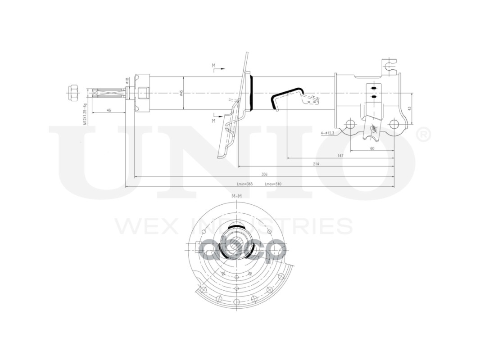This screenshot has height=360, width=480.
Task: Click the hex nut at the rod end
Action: click(x=72, y=93)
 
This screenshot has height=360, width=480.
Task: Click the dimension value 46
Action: click(x=109, y=110)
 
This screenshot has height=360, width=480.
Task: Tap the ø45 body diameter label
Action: click(x=181, y=93)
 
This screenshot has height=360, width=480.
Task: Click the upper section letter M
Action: click(x=214, y=66)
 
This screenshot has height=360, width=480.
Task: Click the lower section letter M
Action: click(x=214, y=121)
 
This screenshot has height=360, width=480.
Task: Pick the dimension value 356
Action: click(x=265, y=174)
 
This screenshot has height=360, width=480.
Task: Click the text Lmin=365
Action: click(x=245, y=184)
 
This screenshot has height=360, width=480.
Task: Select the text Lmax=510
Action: click(x=273, y=184)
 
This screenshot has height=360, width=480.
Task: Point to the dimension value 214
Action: click(x=316, y=164)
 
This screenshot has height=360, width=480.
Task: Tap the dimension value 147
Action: click(x=340, y=156)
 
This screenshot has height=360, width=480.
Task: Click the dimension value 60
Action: click(x=372, y=148)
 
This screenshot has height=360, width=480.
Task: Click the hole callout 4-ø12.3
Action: click(x=327, y=133)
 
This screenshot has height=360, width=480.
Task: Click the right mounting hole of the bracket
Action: click(x=394, y=124)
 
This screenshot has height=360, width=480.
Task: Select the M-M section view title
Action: click(x=236, y=197)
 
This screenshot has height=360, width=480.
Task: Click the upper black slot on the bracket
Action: click(x=373, y=87)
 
